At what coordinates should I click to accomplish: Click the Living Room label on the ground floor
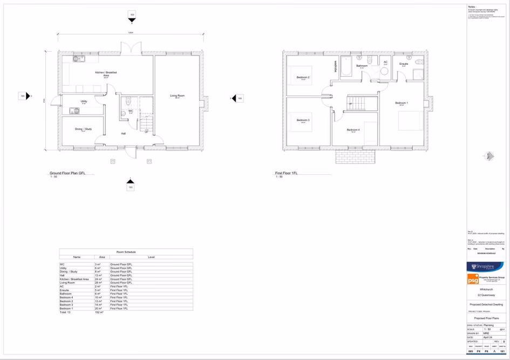pos(177,96)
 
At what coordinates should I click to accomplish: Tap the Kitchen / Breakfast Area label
pos(106,73)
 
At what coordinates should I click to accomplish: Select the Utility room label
pos(84,101)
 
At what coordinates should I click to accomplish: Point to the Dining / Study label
pos(83,129)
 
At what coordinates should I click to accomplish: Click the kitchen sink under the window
pos(78,58)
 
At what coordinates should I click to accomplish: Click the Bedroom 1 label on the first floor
pos(402,103)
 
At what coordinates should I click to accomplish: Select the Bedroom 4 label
pos(353,130)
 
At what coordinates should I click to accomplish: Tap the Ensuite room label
pos(403,64)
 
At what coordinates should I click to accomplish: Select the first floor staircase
pos(357,103)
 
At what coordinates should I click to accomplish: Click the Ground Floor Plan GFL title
pos(67,173)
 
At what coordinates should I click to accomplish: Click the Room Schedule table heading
pos(126,252)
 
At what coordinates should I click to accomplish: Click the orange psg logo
pos(473,279)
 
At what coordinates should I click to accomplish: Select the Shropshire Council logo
pos(485,267)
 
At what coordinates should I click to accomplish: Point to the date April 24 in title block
pos(488,337)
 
